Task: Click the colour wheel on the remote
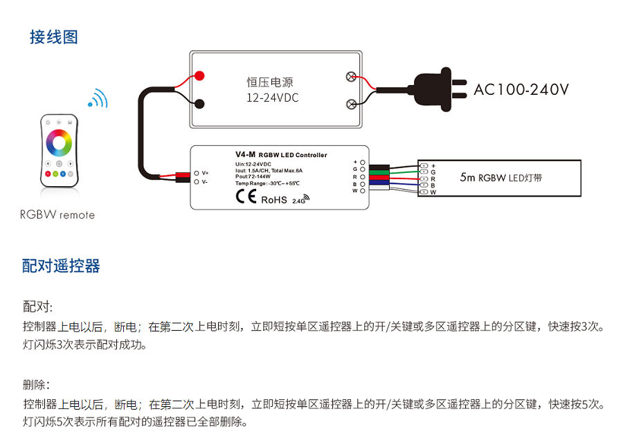(x=59, y=142)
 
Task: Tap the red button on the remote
(x=48, y=174)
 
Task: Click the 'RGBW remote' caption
(x=57, y=215)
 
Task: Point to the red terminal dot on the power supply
(x=199, y=75)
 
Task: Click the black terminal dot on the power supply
(x=199, y=104)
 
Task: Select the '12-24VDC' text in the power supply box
(x=273, y=98)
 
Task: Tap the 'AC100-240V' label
(x=521, y=90)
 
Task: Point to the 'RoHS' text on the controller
(x=273, y=200)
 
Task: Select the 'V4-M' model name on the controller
(x=245, y=154)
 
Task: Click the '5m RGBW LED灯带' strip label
(x=500, y=178)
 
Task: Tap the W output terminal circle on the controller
(x=362, y=191)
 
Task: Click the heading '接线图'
(x=53, y=37)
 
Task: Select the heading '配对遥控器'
(x=61, y=266)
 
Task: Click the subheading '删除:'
(x=37, y=385)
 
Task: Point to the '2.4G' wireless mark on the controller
(x=301, y=201)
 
